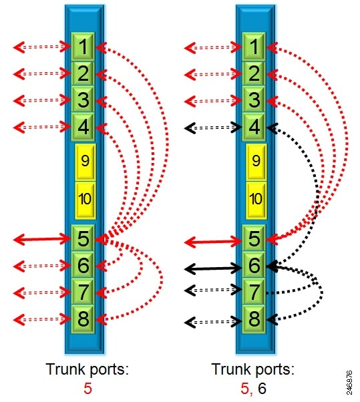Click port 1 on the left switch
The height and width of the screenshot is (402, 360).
click(x=83, y=47)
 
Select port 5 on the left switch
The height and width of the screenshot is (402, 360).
click(x=83, y=238)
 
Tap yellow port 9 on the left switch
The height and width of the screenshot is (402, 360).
click(x=85, y=162)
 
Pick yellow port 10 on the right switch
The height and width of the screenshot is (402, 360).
click(x=256, y=200)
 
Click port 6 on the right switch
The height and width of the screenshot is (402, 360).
click(x=254, y=265)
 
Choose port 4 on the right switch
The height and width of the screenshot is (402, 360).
click(x=254, y=127)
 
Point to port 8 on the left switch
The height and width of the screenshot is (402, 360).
click(x=83, y=319)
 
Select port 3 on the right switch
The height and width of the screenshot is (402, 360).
click(x=254, y=99)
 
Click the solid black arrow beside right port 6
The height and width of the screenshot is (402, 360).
click(x=213, y=268)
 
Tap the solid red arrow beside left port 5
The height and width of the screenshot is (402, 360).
click(x=42, y=240)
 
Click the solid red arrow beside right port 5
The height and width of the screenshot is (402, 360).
click(x=213, y=242)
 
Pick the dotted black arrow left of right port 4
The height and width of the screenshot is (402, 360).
click(x=213, y=128)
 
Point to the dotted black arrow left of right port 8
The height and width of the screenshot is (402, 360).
click(x=213, y=322)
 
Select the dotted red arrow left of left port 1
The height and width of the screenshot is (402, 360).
click(x=42, y=47)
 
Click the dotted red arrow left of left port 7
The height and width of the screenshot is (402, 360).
click(x=42, y=292)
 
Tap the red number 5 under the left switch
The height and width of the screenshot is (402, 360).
click(x=87, y=389)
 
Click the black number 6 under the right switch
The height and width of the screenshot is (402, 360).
click(x=262, y=389)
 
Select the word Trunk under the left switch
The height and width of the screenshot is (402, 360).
click(x=65, y=369)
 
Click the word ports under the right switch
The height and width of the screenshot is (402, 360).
click(x=275, y=370)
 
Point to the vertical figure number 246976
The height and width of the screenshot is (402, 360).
click(x=349, y=382)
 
